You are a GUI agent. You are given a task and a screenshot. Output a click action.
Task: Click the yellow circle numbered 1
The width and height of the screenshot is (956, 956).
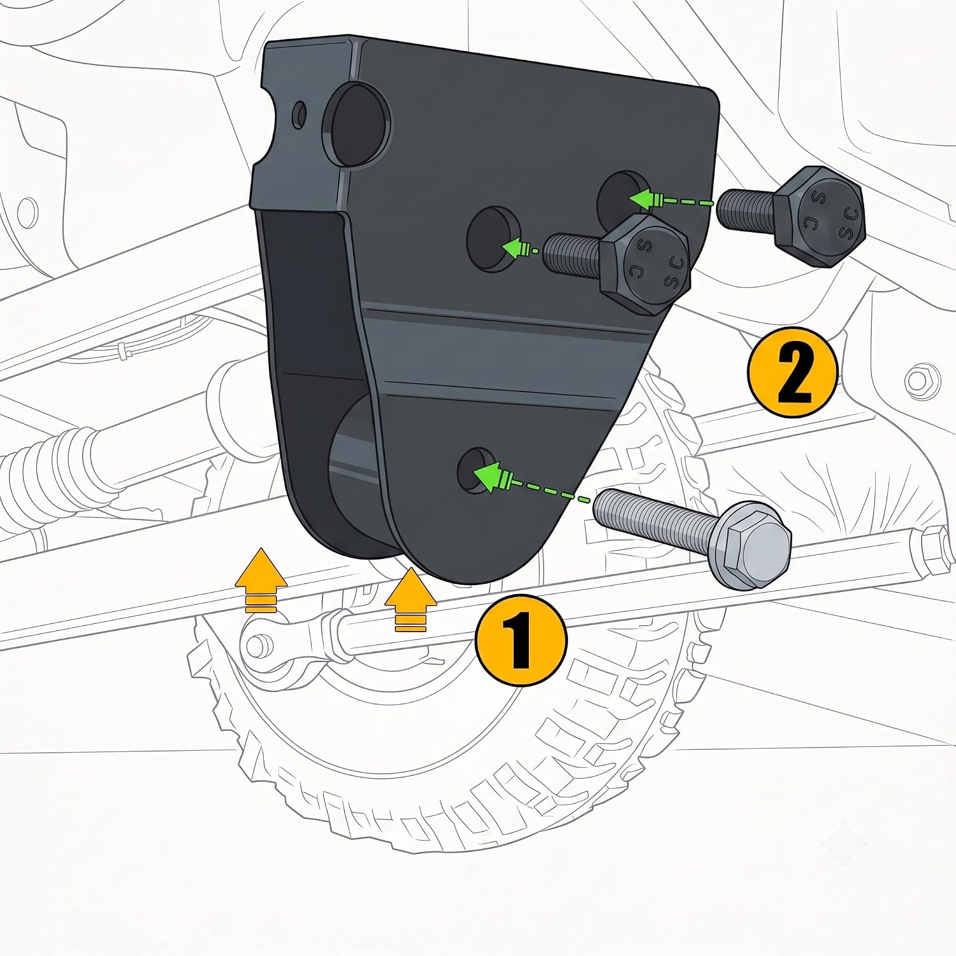(521, 640)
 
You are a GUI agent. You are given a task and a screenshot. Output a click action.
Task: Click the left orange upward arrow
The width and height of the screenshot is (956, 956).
(261, 579)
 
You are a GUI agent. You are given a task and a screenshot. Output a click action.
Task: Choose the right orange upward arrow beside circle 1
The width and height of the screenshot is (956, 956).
(410, 600)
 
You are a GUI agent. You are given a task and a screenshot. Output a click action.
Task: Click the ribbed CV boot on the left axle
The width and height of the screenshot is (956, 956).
(64, 465)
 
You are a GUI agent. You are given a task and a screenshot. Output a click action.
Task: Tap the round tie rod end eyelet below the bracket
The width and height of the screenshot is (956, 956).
(256, 645)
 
